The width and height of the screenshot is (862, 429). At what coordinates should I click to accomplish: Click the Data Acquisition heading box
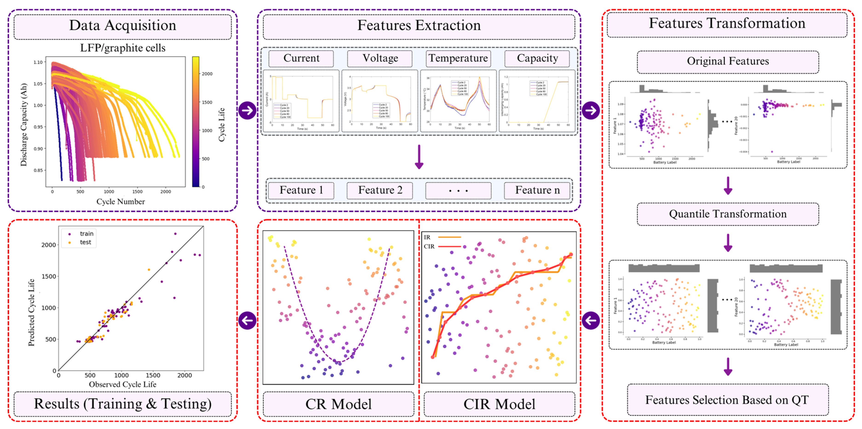pos(123,26)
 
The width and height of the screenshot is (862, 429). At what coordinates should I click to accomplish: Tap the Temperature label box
pos(458,58)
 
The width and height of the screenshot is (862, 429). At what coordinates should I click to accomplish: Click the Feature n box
pos(537,190)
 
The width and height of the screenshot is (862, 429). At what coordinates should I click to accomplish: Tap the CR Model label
pos(338,404)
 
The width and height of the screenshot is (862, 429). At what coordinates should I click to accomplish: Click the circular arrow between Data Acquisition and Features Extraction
pos(247,110)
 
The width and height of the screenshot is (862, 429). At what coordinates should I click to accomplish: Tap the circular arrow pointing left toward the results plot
pos(247,320)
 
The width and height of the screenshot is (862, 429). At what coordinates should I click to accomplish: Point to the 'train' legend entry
pos(86,234)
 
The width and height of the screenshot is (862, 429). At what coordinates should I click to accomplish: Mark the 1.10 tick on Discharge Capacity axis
pos(38,62)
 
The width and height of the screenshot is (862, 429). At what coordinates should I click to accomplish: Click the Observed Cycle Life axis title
pos(123,385)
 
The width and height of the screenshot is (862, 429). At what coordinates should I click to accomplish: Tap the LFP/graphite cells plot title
pos(123,48)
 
